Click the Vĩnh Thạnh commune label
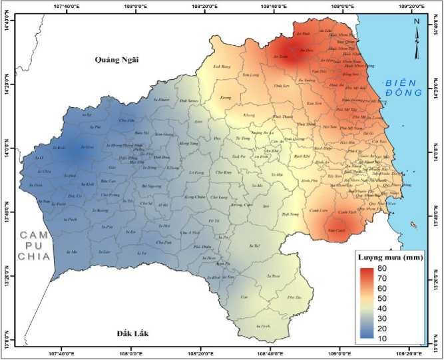[x=287, y=116]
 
